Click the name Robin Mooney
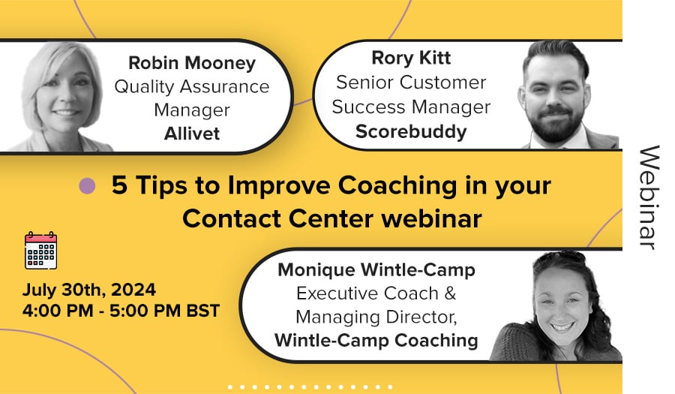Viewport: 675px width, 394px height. pyautogui.click(x=192, y=63)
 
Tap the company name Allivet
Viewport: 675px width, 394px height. pyautogui.click(x=192, y=134)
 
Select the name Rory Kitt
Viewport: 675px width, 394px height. pyautogui.click(x=411, y=58)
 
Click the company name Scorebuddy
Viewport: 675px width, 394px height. pyautogui.click(x=411, y=132)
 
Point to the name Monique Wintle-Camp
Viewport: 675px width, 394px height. pyautogui.click(x=376, y=270)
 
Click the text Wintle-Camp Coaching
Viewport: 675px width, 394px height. pyautogui.click(x=376, y=340)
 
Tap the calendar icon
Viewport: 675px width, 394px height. pyautogui.click(x=41, y=250)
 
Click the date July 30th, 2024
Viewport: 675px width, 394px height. pyautogui.click(x=89, y=290)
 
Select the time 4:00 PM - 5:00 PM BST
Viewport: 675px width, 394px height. pyautogui.click(x=121, y=311)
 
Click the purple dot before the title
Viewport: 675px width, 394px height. pyautogui.click(x=88, y=186)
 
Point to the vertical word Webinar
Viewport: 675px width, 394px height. pyautogui.click(x=649, y=197)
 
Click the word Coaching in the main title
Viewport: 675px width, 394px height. pyautogui.click(x=397, y=185)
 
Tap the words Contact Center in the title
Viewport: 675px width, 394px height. pyautogui.click(x=277, y=218)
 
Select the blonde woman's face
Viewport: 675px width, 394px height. pyautogui.click(x=65, y=92)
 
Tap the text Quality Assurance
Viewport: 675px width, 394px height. pyautogui.click(x=192, y=86)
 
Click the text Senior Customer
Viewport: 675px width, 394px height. pyautogui.click(x=411, y=83)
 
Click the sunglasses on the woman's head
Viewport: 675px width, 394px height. pyautogui.click(x=559, y=258)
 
